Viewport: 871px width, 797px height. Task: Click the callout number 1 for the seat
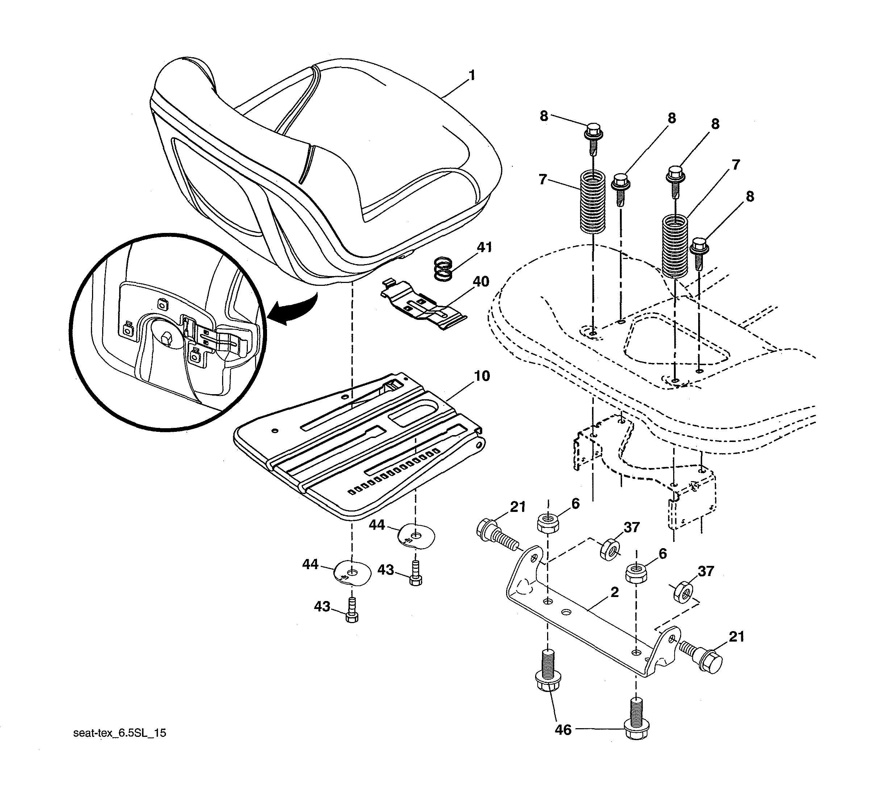click(x=472, y=76)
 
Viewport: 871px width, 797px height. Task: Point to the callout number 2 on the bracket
click(x=614, y=592)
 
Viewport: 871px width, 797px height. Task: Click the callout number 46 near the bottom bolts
click(x=563, y=730)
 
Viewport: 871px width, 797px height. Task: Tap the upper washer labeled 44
click(x=416, y=537)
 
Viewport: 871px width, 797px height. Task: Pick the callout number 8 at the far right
click(x=750, y=197)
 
